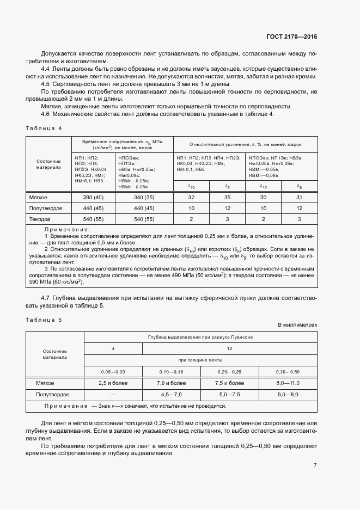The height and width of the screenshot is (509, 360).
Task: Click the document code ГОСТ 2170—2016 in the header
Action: pyautogui.click(x=291, y=37)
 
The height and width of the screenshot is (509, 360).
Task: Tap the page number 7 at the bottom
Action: pyautogui.click(x=315, y=465)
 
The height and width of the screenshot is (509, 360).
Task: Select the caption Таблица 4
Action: pyautogui.click(x=44, y=127)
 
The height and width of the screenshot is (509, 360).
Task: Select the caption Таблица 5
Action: pyautogui.click(x=44, y=320)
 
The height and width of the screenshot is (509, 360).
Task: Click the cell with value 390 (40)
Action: pyautogui.click(x=93, y=197)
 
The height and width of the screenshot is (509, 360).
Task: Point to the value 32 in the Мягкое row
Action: pyautogui.click(x=191, y=197)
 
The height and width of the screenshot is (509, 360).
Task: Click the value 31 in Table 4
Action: pyautogui.click(x=299, y=197)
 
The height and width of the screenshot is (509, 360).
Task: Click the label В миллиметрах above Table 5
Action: pyautogui.click(x=297, y=325)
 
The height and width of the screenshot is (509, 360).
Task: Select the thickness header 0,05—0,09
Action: pyautogui.click(x=113, y=371)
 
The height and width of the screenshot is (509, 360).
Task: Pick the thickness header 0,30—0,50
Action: pyautogui.click(x=289, y=371)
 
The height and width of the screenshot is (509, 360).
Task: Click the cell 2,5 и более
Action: pyautogui.click(x=113, y=383)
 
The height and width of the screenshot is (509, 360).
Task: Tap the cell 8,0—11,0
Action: pyautogui.click(x=289, y=383)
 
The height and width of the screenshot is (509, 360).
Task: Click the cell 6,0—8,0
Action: pyautogui.click(x=289, y=394)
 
